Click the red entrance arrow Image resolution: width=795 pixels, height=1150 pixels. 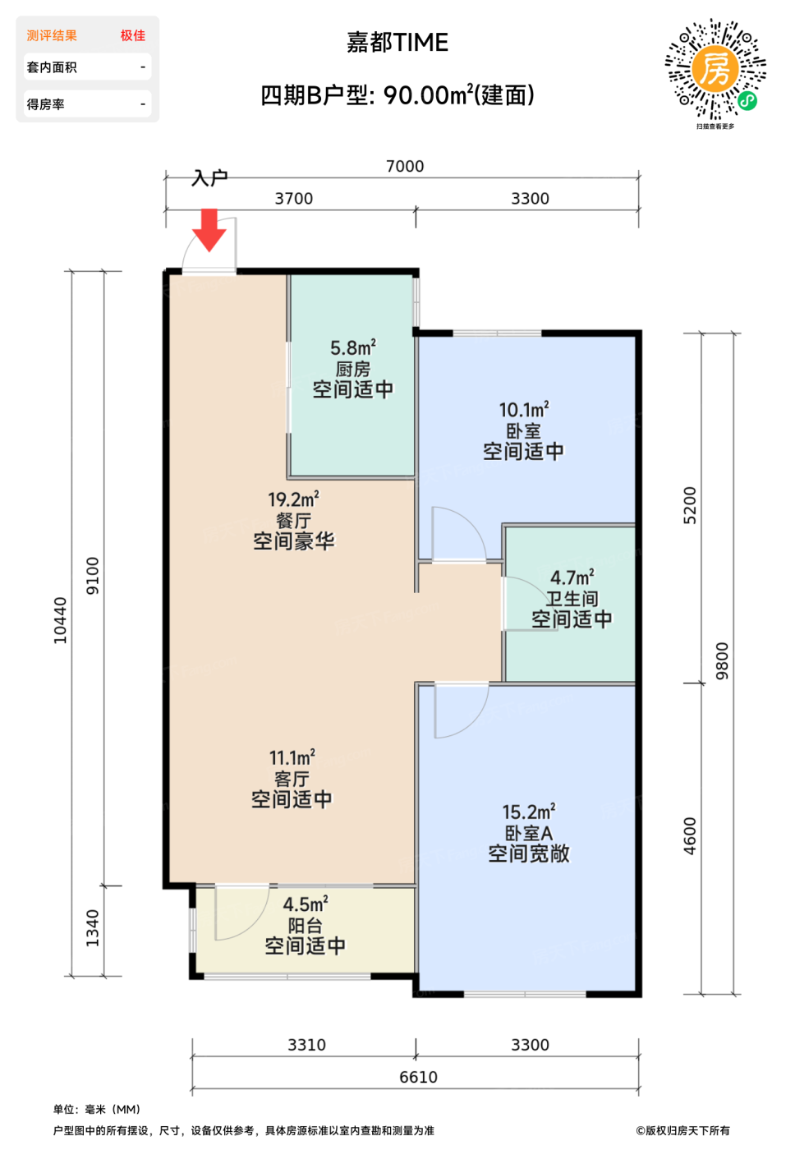[x=209, y=229]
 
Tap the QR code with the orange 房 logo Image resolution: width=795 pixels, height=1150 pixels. [x=715, y=69]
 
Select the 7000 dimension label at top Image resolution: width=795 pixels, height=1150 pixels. [x=405, y=166]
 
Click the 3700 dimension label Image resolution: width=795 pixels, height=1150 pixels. [x=293, y=199]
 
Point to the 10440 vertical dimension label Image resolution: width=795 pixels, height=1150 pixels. [x=61, y=620]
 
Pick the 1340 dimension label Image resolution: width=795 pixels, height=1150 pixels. [x=92, y=928]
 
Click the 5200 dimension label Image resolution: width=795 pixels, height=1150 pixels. [x=691, y=505]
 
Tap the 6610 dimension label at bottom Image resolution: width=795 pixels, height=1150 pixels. [x=418, y=1077]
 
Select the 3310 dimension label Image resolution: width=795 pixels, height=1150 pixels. [x=306, y=1045]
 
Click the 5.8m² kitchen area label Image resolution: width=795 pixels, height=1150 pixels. [x=352, y=347]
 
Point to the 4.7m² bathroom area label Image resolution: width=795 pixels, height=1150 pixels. [x=572, y=577]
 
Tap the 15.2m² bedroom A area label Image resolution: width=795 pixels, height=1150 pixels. [x=529, y=812]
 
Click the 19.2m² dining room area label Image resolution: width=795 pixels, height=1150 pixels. [x=293, y=499]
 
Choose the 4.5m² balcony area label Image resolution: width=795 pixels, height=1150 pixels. [x=306, y=904]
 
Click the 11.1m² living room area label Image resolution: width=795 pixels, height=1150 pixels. [x=292, y=757]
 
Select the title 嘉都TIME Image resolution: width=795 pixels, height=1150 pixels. [x=397, y=42]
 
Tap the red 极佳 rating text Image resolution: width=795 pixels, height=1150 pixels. [x=132, y=35]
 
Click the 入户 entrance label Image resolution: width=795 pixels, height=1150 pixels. [x=209, y=178]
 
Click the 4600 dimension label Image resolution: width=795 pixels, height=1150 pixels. [x=691, y=836]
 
